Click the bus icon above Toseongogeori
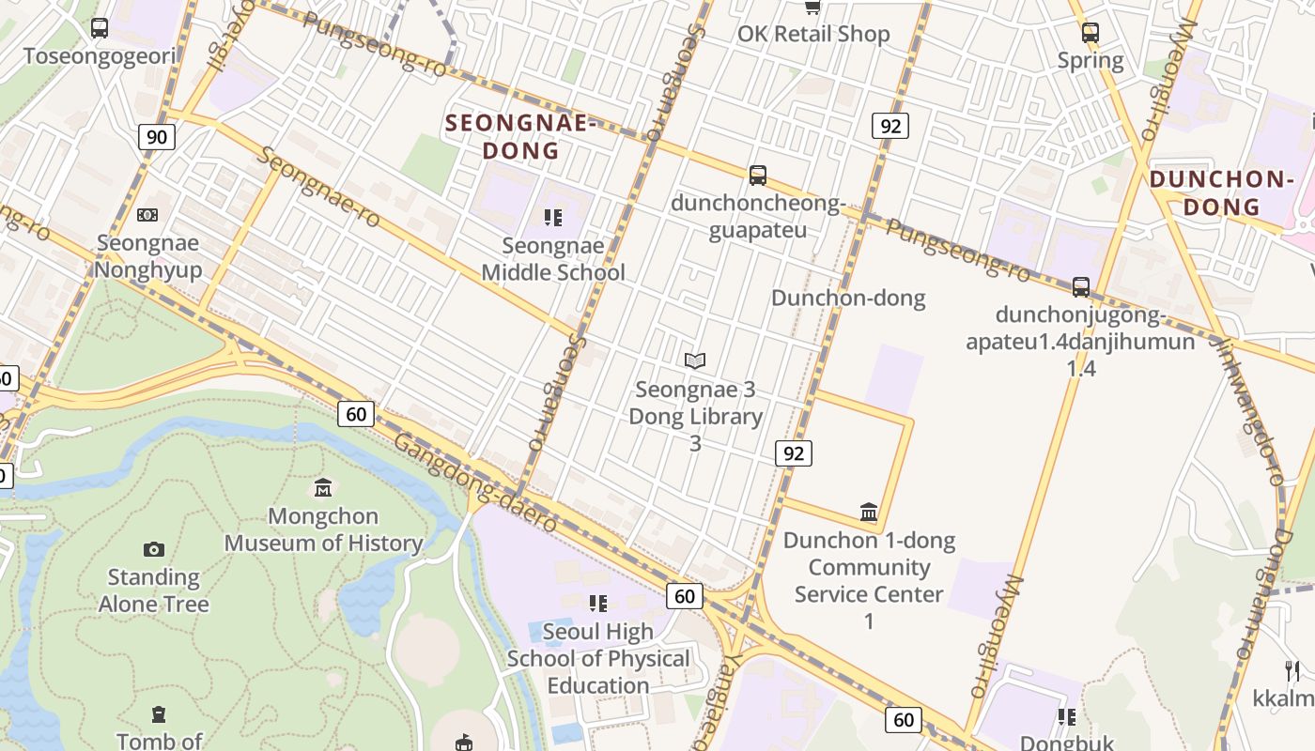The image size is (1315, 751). click(x=100, y=28)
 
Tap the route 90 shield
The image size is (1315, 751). click(x=157, y=137)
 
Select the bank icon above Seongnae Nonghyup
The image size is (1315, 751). click(x=147, y=215)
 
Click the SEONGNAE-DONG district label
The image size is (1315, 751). click(x=520, y=136)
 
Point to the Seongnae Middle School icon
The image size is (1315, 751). click(x=553, y=218)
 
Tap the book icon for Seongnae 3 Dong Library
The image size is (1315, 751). click(x=695, y=360)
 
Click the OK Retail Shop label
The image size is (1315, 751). click(x=813, y=34)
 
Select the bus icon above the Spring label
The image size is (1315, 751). click(x=1090, y=33)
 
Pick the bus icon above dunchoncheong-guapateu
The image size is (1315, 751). click(x=758, y=175)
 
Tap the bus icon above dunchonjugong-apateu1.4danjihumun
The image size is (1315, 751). click(x=1081, y=287)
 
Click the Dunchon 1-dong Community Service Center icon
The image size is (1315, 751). click(x=869, y=512)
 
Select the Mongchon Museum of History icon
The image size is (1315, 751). click(x=324, y=488)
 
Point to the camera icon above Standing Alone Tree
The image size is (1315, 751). click(x=154, y=549)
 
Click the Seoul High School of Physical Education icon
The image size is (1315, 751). click(x=598, y=603)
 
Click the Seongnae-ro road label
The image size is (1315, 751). click(x=318, y=187)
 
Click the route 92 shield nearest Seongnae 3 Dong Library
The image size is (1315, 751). click(x=794, y=453)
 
